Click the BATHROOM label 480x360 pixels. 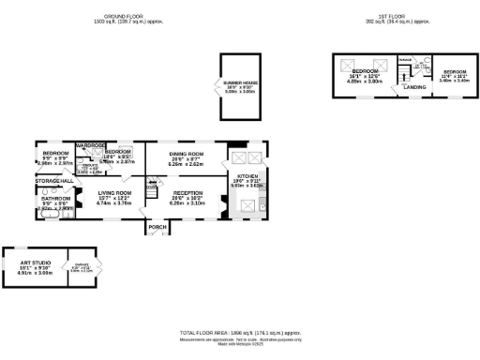tap(55, 200)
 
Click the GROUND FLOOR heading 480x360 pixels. tap(128, 17)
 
